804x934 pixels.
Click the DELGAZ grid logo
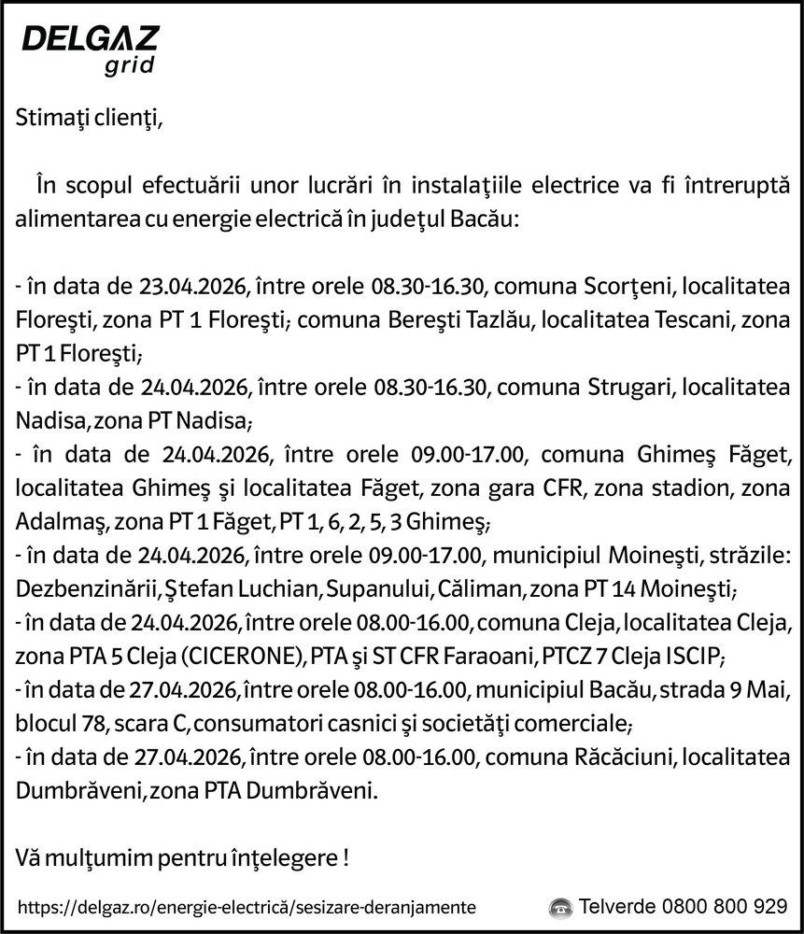(90, 50)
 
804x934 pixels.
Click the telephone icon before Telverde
(560, 907)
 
